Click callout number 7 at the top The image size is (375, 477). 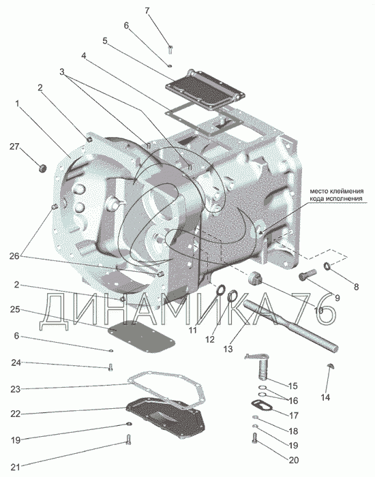(x=147, y=11)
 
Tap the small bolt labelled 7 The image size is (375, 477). (x=170, y=49)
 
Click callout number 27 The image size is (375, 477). (x=14, y=147)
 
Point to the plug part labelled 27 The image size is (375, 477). (x=42, y=168)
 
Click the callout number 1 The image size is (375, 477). (x=17, y=104)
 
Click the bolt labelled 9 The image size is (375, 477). (x=307, y=275)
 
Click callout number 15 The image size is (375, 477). (x=292, y=386)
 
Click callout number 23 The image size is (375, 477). (x=15, y=389)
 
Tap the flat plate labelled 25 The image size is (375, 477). (x=142, y=337)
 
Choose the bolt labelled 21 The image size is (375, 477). (x=128, y=440)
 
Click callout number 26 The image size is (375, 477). (x=14, y=256)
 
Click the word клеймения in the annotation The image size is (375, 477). (x=349, y=191)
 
